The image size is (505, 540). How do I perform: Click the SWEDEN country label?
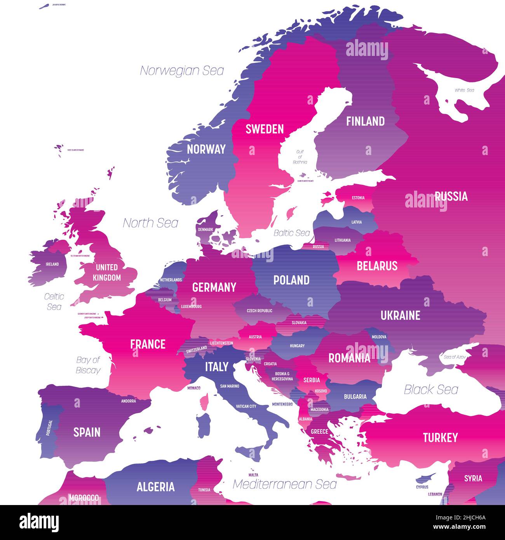click(x=265, y=129)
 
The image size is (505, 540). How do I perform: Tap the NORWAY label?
click(x=206, y=149)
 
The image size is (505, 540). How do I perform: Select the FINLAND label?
click(x=365, y=122)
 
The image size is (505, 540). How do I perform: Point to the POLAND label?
click(x=291, y=280)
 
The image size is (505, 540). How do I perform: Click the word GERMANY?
click(x=214, y=287)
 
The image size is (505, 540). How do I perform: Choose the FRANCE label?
click(x=148, y=344)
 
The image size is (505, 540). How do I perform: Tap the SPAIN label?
click(x=87, y=432)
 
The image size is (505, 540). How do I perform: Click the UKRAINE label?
click(x=400, y=315)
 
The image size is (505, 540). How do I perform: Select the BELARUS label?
click(x=377, y=266)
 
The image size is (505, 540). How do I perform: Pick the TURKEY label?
click(x=440, y=438)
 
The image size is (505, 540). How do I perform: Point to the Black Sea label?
click(x=431, y=390)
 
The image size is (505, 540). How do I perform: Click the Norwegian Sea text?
click(x=182, y=71)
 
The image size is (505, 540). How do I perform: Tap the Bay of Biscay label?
click(x=88, y=365)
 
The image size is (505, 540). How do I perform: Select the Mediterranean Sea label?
click(x=284, y=484)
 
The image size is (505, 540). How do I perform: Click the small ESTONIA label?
click(x=358, y=198)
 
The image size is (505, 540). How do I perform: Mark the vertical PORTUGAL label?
click(x=49, y=427)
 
